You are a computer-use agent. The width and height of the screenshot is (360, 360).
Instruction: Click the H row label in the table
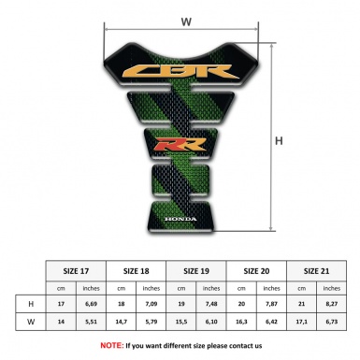click(31, 304)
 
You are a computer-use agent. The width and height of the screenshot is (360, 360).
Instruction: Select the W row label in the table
click(31, 323)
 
